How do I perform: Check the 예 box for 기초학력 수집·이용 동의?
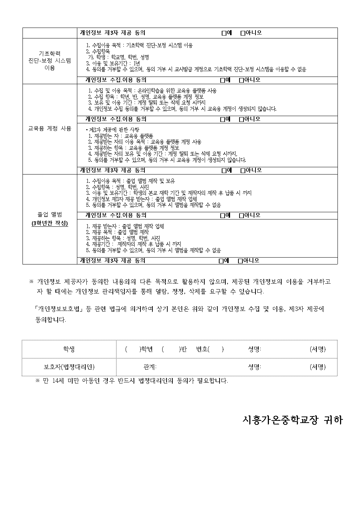[222, 80]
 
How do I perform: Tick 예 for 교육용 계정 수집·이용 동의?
[222, 119]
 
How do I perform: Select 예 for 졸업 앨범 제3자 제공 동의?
[221, 260]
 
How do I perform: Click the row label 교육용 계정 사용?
[50, 128]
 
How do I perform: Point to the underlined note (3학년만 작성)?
[50, 223]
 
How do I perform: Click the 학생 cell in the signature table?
[69, 349]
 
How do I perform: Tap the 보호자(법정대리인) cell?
[69, 367]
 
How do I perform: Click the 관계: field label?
[150, 367]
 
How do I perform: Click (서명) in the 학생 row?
[318, 349]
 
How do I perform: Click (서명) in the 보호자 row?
[318, 367]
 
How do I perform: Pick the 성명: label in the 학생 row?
[254, 349]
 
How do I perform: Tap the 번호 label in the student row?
[202, 349]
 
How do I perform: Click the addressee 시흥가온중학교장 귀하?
[292, 420]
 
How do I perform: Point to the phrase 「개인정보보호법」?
[58, 309]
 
